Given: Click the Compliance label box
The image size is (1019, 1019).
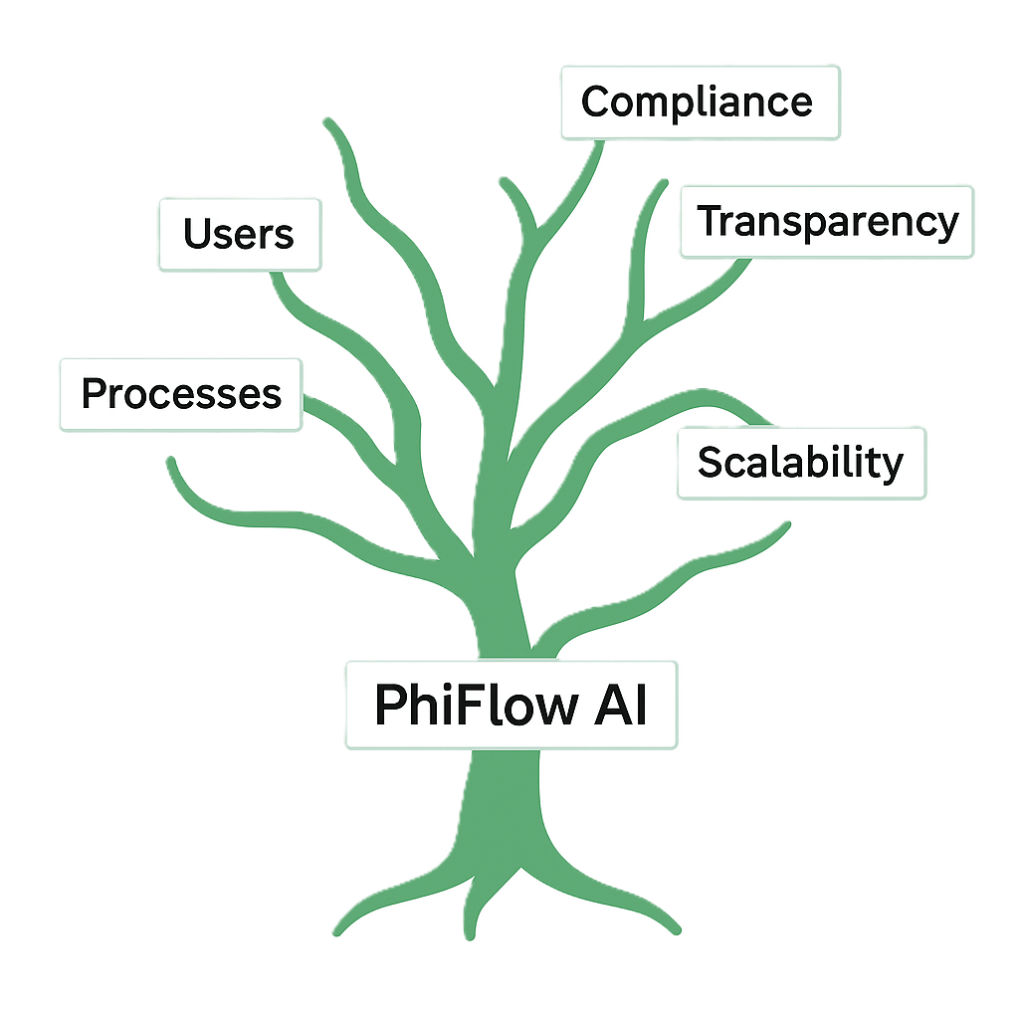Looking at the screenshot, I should tap(701, 102).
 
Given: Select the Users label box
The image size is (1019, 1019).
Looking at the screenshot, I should tap(239, 235).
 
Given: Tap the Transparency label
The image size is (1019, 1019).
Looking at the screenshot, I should tap(827, 221).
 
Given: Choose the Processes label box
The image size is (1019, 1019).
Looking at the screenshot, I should tap(181, 394).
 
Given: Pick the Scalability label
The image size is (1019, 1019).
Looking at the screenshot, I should tap(801, 463).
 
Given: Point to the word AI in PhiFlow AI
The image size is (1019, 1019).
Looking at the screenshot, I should tap(623, 705).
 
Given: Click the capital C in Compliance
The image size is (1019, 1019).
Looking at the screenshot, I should tap(595, 102).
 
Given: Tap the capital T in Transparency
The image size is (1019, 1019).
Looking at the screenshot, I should tap(709, 221).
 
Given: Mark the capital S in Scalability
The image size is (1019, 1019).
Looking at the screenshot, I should tap(710, 463).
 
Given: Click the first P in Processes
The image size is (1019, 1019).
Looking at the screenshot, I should tap(94, 394).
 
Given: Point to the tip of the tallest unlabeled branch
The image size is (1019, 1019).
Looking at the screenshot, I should tap(327, 122).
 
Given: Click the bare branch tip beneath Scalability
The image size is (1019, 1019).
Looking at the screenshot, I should tap(788, 524).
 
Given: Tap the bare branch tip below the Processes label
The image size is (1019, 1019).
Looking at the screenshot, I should tap(172, 461).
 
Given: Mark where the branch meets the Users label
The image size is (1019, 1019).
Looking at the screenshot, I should tap(277, 275).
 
